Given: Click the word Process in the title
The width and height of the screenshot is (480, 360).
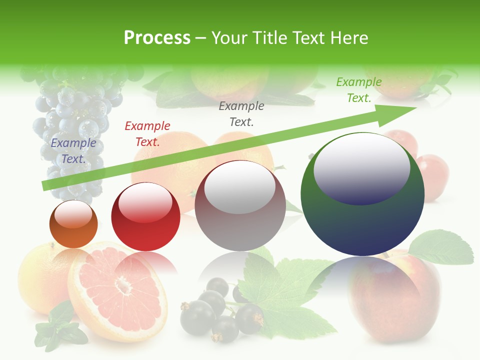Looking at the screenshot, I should click(x=157, y=38).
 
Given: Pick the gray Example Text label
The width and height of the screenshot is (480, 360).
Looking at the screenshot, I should click(x=241, y=113).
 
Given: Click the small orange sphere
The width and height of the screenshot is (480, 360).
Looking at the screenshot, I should click(x=73, y=224).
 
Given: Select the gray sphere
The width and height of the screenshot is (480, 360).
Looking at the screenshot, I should click(x=240, y=206).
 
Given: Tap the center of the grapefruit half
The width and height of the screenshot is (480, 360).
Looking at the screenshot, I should click(x=122, y=286).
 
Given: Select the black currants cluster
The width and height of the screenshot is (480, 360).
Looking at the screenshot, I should click(x=220, y=310).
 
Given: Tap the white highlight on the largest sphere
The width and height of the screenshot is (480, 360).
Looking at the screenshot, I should click(x=361, y=167).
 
